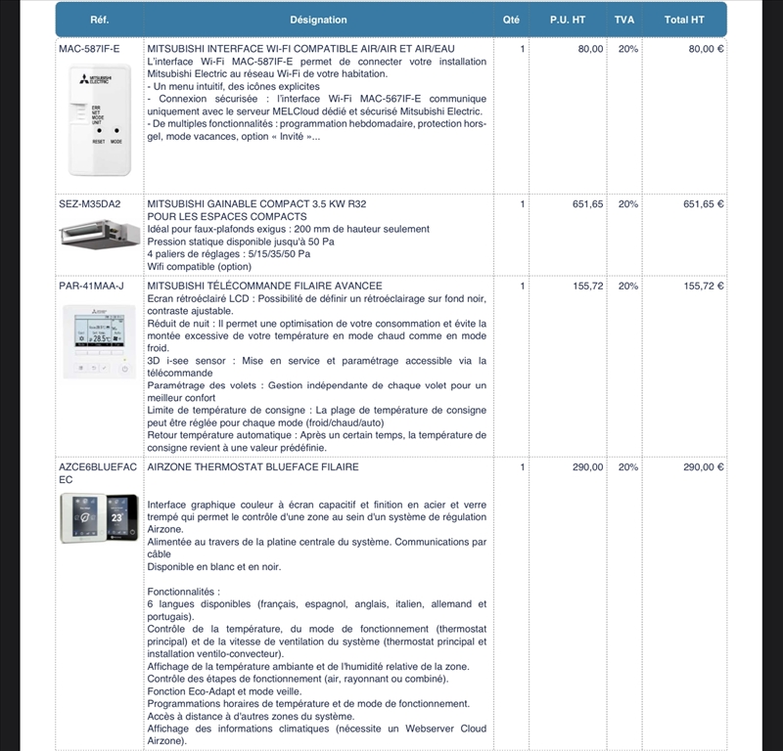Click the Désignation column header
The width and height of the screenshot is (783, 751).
point(318,20)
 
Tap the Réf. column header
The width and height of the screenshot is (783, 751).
point(99,20)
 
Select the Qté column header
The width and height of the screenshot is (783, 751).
point(511,20)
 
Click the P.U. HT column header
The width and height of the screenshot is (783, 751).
point(567,20)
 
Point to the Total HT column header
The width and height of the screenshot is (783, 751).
point(684,20)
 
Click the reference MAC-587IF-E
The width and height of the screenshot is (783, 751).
point(89,48)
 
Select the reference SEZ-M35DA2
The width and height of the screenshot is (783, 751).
point(90,204)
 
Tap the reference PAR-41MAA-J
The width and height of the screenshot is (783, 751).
point(92,286)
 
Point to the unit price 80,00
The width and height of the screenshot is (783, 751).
point(590,48)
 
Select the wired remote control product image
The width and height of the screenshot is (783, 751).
point(99,340)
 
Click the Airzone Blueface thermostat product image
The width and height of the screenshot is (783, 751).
point(99,516)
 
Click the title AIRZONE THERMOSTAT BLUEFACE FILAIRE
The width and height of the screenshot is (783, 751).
point(253,467)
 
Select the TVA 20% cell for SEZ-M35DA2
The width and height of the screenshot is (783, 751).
point(628,204)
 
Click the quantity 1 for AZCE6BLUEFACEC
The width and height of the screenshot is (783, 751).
point(523,467)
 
